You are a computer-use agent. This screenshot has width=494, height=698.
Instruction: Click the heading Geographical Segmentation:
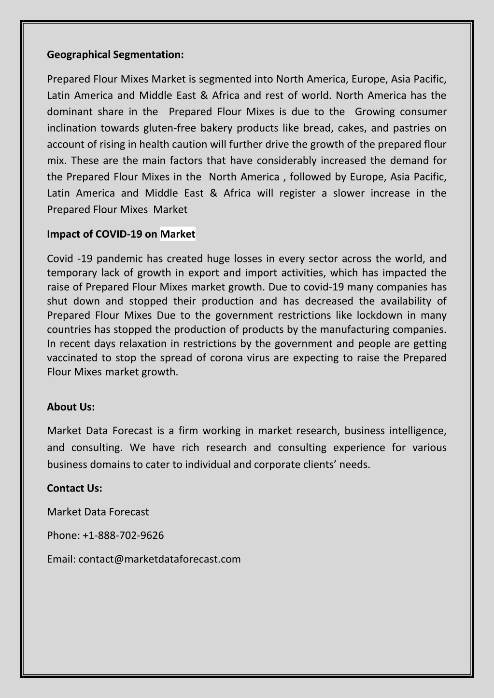click(x=115, y=55)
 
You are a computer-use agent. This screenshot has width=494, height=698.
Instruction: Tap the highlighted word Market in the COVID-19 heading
click(x=178, y=234)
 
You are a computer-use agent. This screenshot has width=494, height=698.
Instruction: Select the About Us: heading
click(x=71, y=407)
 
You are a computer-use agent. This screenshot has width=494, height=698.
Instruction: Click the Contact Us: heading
click(x=74, y=488)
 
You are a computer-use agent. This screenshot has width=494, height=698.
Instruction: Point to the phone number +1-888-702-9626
click(x=123, y=535)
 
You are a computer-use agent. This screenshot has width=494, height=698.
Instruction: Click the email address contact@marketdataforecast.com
click(x=159, y=559)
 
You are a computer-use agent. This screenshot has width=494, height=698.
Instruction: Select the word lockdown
click(x=379, y=315)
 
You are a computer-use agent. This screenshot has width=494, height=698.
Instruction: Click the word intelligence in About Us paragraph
click(x=417, y=430)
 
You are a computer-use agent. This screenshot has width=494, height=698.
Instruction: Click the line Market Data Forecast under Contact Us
click(x=98, y=512)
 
